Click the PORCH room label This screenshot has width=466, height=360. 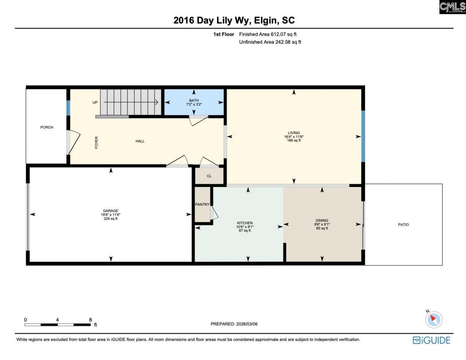coord(47,127)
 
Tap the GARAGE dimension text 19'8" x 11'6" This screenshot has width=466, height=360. coord(110,215)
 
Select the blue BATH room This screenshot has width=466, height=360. coord(194,102)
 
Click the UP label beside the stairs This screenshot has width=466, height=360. coord(95,102)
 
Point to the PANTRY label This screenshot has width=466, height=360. coord(202,204)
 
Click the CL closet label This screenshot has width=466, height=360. coord(209,176)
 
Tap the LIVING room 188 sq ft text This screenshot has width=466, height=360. coord(294,141)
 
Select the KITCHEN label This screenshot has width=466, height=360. coord(245,223)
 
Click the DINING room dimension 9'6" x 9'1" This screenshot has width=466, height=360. coord(322,224)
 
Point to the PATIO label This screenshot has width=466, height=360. coord(403,224)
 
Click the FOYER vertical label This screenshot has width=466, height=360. coord(96,142)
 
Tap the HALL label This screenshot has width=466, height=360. coord(140,141)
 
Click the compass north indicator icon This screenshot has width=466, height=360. coord(433,319)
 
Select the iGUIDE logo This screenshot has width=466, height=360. coord(431,340)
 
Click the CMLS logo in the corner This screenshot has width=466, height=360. coord(452,7)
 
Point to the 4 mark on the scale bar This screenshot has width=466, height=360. coord(57,320)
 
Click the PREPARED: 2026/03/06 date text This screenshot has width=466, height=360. coord(234,324)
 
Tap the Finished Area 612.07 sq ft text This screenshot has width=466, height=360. coord(268,34)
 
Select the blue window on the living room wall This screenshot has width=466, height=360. coord(363,136)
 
